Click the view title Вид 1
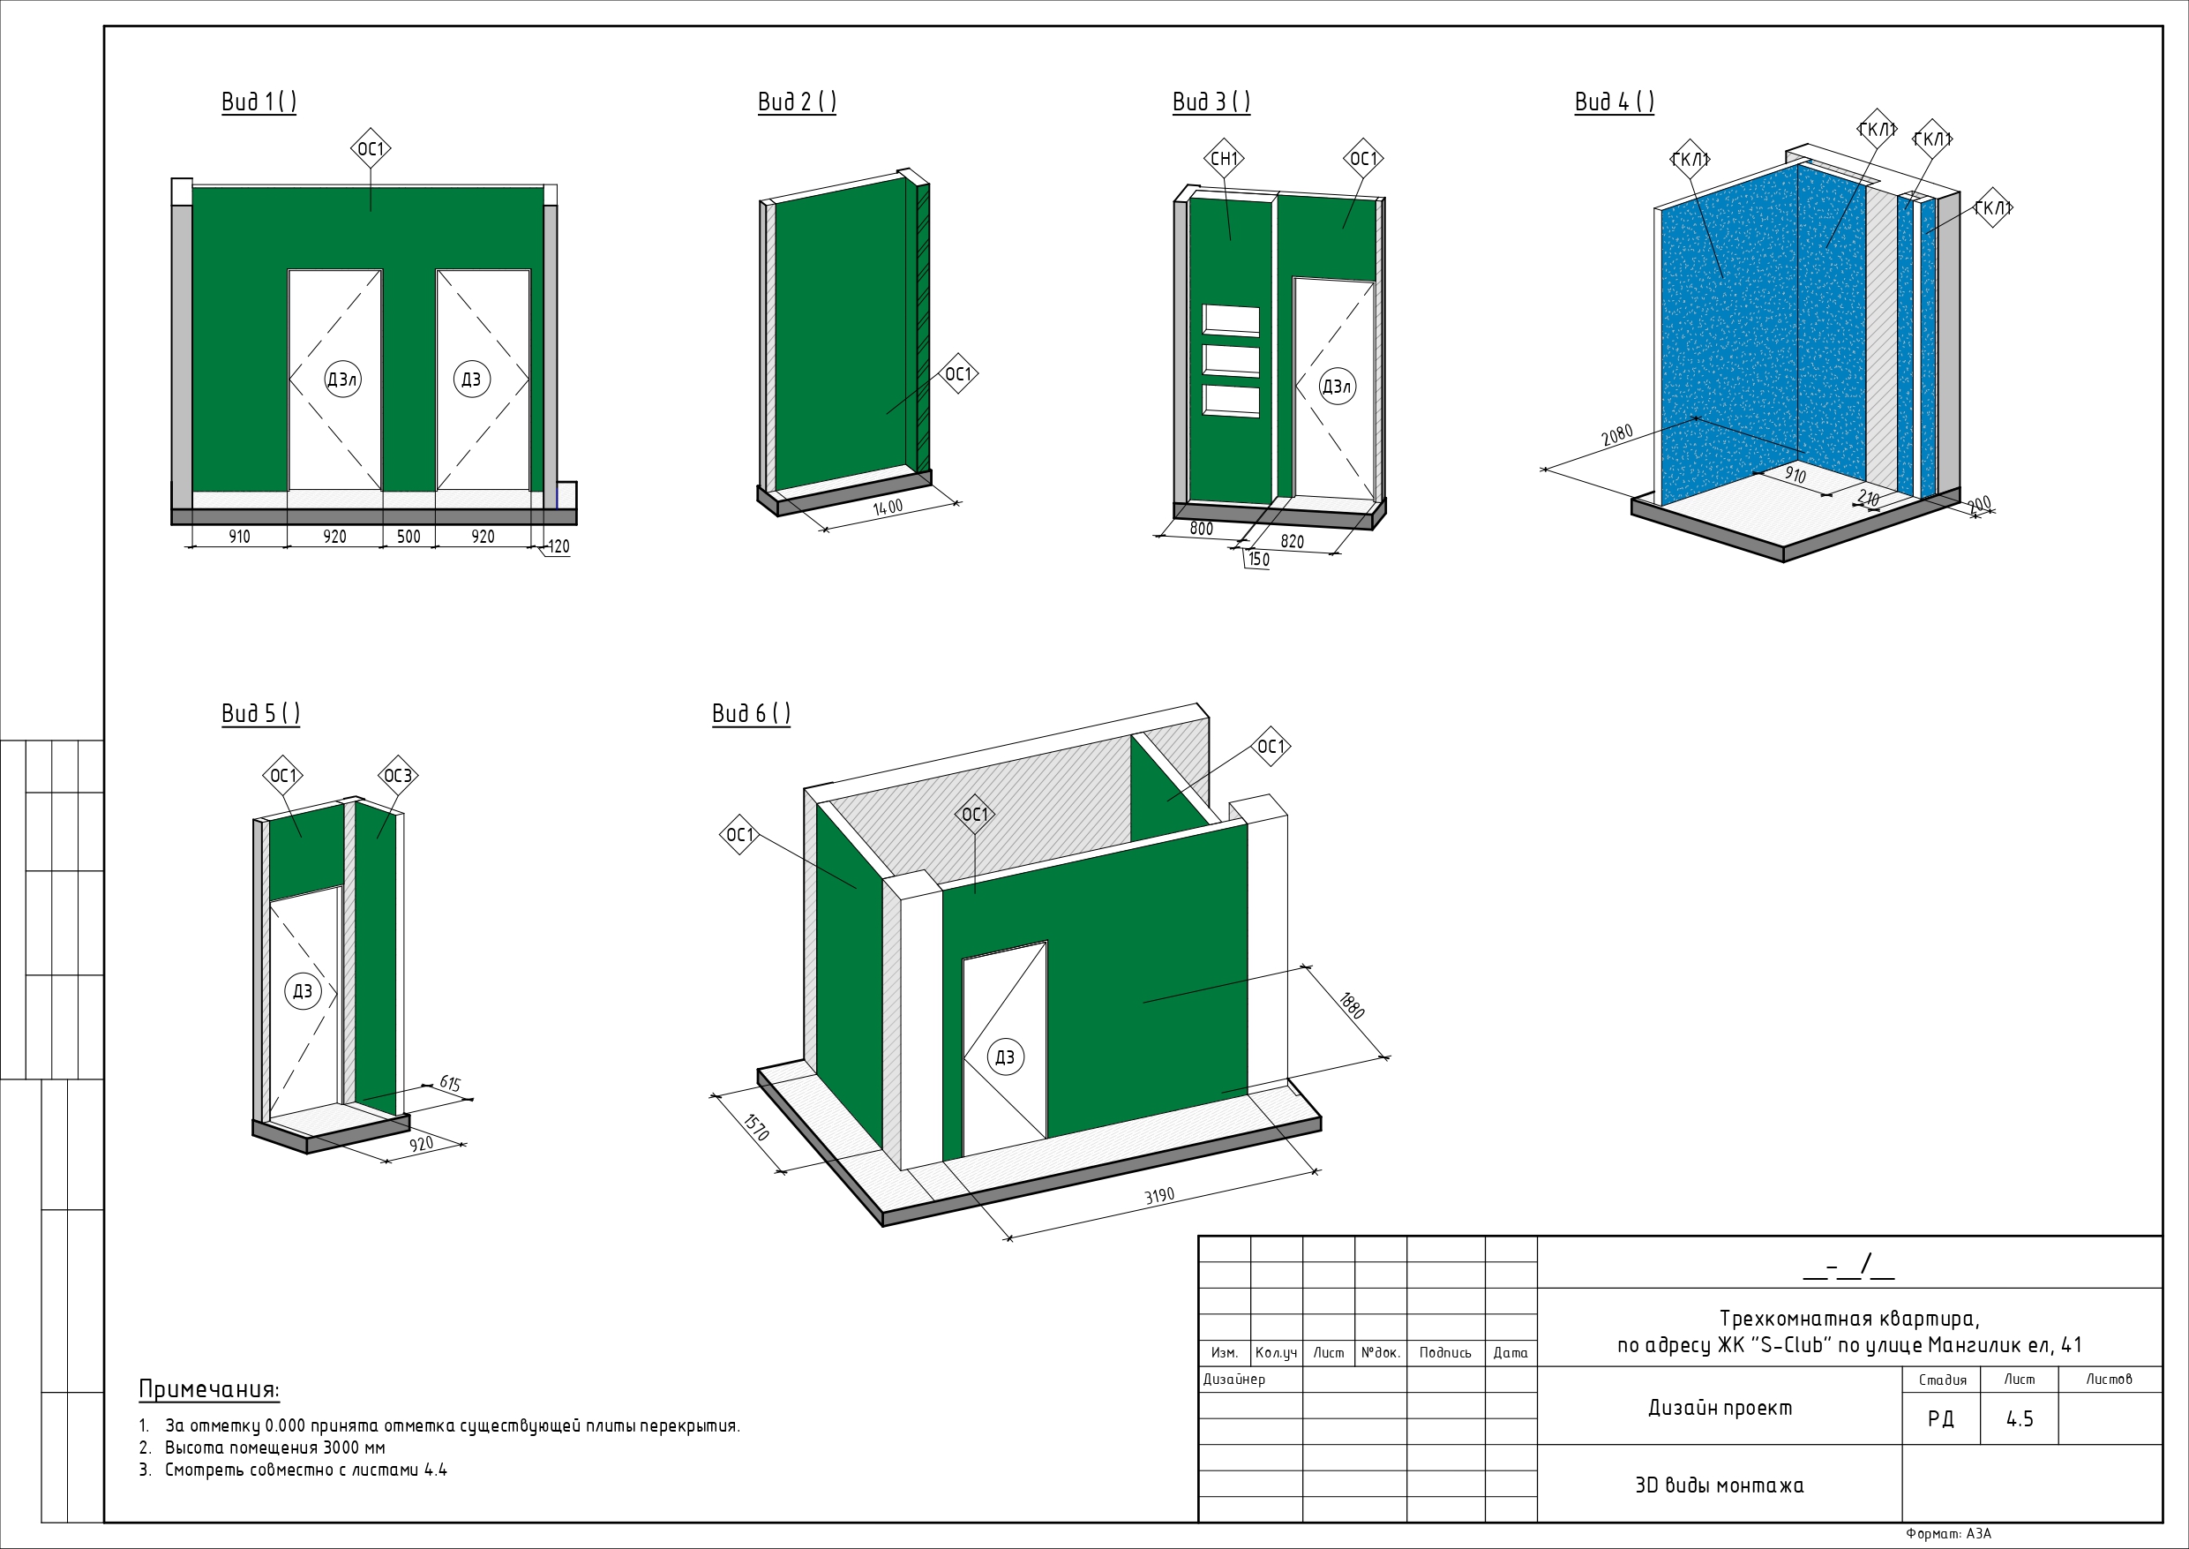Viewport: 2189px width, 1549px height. click(x=259, y=102)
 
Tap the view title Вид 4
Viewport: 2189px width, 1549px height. click(x=1613, y=102)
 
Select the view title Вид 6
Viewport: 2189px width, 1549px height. click(x=750, y=713)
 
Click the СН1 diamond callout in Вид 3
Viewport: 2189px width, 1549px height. click(x=1223, y=158)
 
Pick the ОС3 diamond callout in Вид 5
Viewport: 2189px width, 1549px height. click(x=398, y=776)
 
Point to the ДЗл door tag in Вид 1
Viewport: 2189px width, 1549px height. click(x=342, y=380)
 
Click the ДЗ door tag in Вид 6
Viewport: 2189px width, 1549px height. click(x=1005, y=1056)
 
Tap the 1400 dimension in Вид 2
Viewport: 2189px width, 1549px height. click(x=888, y=508)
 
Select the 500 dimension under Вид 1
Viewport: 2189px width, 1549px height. click(x=408, y=537)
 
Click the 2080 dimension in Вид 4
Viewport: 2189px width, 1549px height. click(x=1617, y=435)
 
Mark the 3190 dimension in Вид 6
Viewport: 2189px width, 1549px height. click(x=1159, y=1196)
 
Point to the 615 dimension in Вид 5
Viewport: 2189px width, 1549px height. click(x=450, y=1084)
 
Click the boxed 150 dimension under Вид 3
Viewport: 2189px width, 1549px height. click(x=1258, y=560)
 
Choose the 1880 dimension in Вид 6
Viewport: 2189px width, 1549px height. click(x=1352, y=1006)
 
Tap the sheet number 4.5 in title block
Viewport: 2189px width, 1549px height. click(x=2020, y=1419)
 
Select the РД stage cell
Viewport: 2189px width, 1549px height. click(x=1940, y=1419)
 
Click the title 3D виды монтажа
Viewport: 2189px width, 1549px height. click(x=1719, y=1485)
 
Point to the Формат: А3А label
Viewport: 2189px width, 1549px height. click(x=1948, y=1534)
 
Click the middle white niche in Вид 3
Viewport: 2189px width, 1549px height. click(x=1231, y=362)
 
